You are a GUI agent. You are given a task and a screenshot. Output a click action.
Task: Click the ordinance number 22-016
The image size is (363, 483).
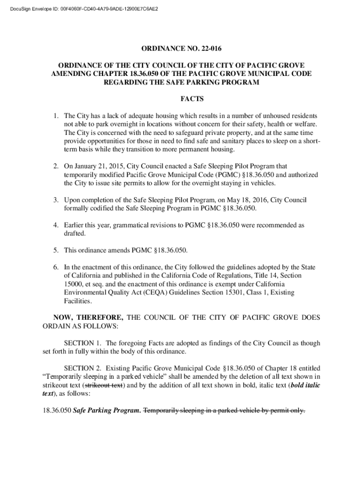click(x=208, y=49)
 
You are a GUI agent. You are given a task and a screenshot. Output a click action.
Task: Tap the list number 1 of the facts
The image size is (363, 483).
click(x=56, y=116)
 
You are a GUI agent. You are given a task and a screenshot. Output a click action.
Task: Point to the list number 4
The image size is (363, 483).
click(x=56, y=225)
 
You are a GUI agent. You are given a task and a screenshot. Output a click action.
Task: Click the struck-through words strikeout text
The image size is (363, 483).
click(x=104, y=385)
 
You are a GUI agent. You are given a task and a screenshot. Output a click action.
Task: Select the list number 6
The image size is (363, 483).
click(x=56, y=267)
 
